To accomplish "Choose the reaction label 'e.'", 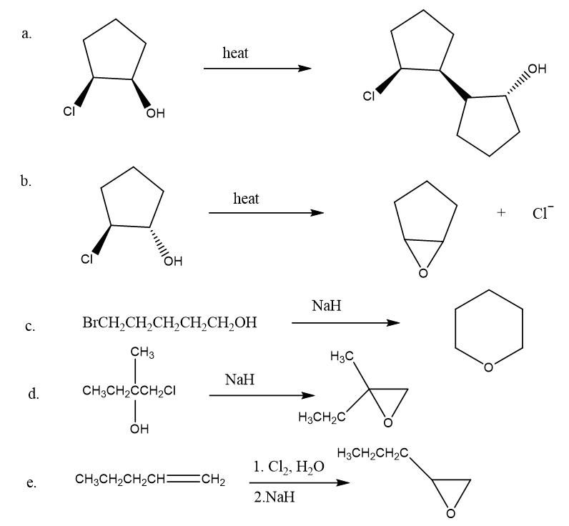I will [31, 484].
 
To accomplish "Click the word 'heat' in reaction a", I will [236, 53].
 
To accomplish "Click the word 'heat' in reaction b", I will [246, 198].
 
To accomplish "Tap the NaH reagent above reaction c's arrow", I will [327, 306].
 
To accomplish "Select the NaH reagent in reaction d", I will [239, 380].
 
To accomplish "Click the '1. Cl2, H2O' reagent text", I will [288, 467].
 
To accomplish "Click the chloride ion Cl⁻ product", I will [542, 213].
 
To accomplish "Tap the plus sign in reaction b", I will [502, 213].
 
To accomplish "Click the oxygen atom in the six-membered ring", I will [488, 368].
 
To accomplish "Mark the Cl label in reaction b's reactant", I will [87, 260].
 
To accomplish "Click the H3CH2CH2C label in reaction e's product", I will [372, 453].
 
